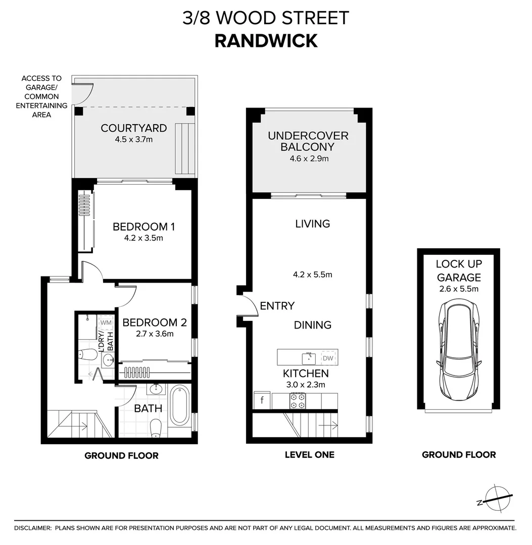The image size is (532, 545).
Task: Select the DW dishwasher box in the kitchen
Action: [x=328, y=358]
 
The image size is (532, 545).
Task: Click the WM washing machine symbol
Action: [x=106, y=322]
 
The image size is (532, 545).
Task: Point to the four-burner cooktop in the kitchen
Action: [x=297, y=401]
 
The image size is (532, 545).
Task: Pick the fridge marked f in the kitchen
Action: [x=262, y=401]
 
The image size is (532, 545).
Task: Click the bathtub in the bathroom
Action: [x=179, y=405]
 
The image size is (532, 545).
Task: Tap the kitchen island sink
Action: [x=309, y=358]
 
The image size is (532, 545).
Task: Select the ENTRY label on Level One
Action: [x=277, y=306]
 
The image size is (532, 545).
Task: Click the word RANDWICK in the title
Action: [x=266, y=40]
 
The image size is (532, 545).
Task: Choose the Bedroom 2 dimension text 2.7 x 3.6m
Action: [x=154, y=334]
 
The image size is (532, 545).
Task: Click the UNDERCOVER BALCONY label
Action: [x=308, y=141]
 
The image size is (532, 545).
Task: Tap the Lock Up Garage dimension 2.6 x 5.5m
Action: [x=458, y=289]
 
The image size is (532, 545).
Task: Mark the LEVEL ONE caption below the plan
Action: [x=309, y=455]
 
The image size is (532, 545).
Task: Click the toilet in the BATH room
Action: [x=157, y=427]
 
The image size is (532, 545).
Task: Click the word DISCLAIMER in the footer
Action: [x=32, y=528]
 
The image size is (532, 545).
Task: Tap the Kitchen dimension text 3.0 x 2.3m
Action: [x=306, y=385]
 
